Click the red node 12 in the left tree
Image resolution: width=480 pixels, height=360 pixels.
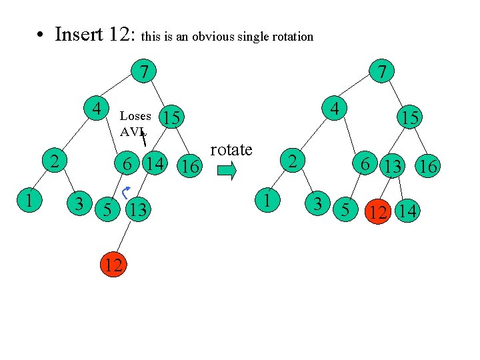pyautogui.click(x=113, y=265)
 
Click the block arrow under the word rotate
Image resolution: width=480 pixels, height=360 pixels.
pyautogui.click(x=227, y=172)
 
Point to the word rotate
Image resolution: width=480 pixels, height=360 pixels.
pyautogui.click(x=231, y=150)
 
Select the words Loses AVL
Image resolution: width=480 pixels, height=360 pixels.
pyautogui.click(x=134, y=123)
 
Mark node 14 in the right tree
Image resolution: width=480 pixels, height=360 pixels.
pyautogui.click(x=406, y=213)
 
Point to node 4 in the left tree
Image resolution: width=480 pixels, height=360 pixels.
pyautogui.click(x=97, y=108)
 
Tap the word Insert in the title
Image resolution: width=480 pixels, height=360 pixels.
pyautogui.click(x=77, y=34)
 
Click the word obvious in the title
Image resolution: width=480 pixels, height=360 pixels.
pyautogui.click(x=216, y=37)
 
